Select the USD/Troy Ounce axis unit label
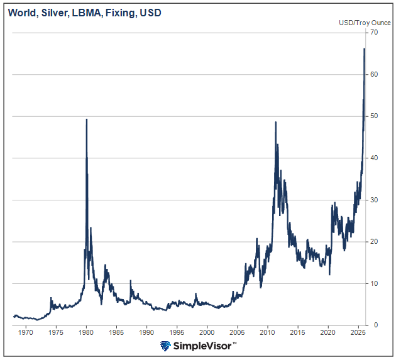pos(365,23)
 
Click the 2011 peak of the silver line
pos(276,123)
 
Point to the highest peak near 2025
pos(365,49)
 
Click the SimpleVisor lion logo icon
pos(166,346)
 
